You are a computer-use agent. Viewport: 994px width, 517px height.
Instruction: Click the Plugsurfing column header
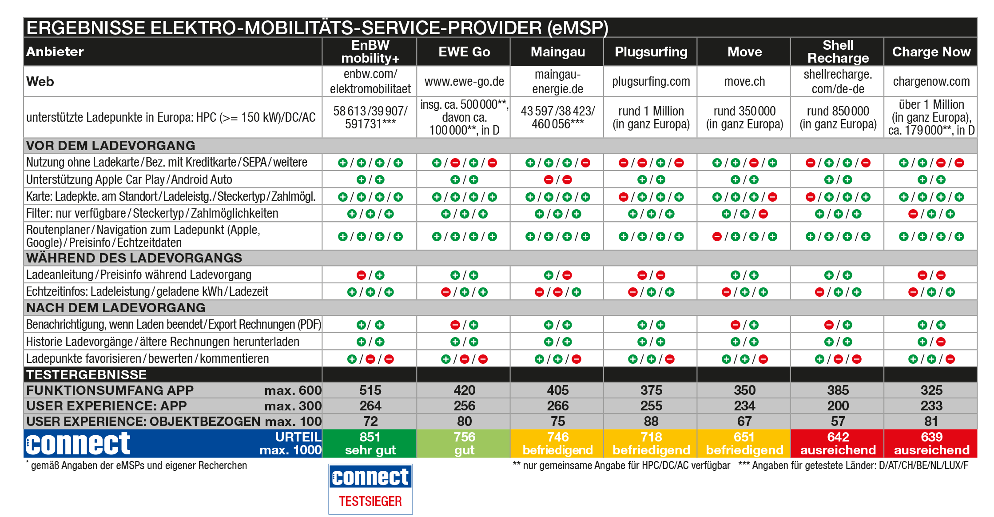pyautogui.click(x=651, y=52)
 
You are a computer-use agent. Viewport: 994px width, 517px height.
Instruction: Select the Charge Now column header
pyautogui.click(x=931, y=52)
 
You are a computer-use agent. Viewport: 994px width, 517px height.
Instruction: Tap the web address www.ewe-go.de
pyautogui.click(x=464, y=82)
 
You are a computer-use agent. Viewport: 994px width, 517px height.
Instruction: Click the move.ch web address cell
pyautogui.click(x=744, y=82)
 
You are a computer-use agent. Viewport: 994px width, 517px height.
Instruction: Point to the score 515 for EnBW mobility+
pyautogui.click(x=370, y=390)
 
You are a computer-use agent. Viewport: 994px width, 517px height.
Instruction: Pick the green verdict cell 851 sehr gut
pyautogui.click(x=370, y=443)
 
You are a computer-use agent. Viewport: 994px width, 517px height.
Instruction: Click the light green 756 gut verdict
pyautogui.click(x=464, y=443)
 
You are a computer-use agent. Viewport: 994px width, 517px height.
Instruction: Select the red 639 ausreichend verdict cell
pyautogui.click(x=931, y=443)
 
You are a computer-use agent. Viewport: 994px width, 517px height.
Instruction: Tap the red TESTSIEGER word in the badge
pyautogui.click(x=370, y=501)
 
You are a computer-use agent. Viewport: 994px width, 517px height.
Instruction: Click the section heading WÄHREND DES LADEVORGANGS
pyautogui.click(x=134, y=258)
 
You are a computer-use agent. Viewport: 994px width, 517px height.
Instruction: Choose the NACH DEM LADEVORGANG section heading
pyautogui.click(x=116, y=308)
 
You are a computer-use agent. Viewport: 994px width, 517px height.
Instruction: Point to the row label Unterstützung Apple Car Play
pyautogui.click(x=129, y=179)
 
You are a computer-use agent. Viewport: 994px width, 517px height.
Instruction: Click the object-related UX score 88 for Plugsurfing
pyautogui.click(x=651, y=421)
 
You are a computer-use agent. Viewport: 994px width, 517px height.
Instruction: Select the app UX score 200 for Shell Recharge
pyautogui.click(x=838, y=406)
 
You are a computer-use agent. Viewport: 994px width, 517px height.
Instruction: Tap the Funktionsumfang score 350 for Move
pyautogui.click(x=744, y=390)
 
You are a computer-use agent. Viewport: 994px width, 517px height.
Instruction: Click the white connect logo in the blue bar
pyautogui.click(x=78, y=443)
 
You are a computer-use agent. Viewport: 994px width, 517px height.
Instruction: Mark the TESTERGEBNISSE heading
pyautogui.click(x=86, y=374)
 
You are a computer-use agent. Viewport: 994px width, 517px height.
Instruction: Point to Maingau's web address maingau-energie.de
pyautogui.click(x=557, y=82)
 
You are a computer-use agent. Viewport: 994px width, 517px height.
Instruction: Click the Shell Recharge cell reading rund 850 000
pyautogui.click(x=838, y=117)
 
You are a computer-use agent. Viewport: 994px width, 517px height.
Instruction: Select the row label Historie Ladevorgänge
pyautogui.click(x=163, y=342)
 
